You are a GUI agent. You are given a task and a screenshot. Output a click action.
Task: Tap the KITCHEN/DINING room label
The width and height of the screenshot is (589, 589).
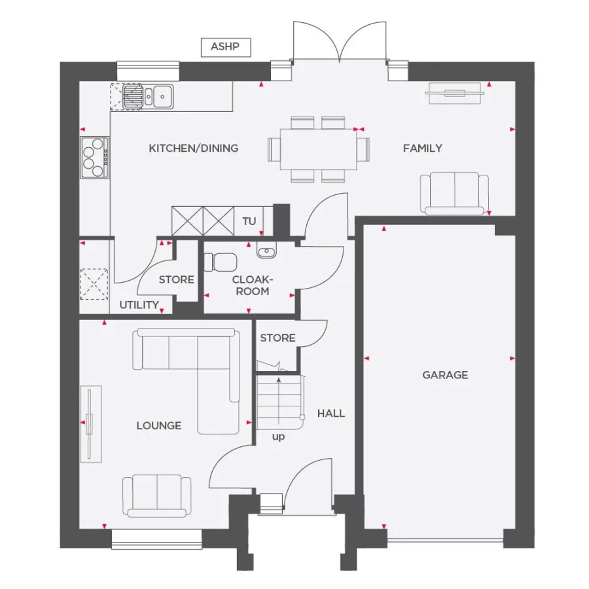(194, 148)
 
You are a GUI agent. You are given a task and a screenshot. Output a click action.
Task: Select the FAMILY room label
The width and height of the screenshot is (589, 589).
(422, 148)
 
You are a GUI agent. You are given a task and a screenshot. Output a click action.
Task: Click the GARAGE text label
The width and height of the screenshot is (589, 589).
(445, 375)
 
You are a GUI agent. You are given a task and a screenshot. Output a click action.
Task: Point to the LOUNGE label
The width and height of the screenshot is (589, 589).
(159, 425)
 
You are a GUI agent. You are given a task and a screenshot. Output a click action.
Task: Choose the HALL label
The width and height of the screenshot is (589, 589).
(330, 413)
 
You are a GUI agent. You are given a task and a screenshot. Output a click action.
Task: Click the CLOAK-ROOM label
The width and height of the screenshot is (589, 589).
(252, 285)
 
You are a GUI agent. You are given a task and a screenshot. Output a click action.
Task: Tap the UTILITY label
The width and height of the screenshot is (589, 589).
(139, 305)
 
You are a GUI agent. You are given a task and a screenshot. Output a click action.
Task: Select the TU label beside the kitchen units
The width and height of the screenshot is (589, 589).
(249, 221)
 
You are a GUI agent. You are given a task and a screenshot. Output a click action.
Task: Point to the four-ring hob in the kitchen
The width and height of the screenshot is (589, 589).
(94, 157)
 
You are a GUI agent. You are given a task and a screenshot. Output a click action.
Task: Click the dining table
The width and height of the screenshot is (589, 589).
(319, 149)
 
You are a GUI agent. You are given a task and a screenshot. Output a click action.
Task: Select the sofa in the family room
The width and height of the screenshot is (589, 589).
(454, 193)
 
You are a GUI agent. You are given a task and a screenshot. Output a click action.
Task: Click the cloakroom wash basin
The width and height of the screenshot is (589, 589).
(266, 250)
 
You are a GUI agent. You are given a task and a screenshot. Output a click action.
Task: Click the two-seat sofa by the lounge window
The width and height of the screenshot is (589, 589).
(157, 495)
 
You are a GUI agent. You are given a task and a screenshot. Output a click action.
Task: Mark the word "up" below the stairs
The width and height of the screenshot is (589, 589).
(279, 437)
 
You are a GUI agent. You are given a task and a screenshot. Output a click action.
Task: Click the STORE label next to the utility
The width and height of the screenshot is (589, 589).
(177, 279)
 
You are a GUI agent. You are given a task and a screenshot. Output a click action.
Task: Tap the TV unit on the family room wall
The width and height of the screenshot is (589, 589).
(456, 93)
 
